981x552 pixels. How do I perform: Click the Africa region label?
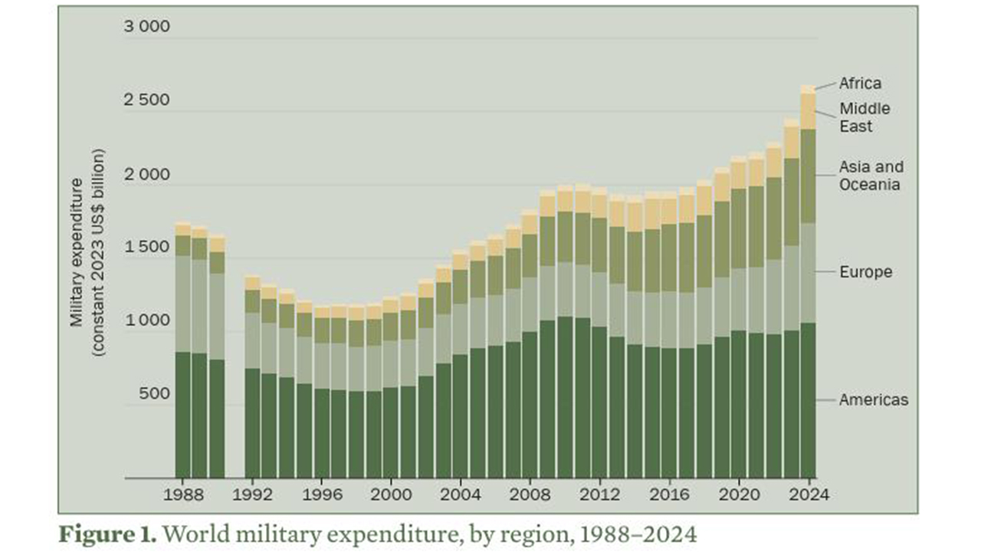(x=860, y=83)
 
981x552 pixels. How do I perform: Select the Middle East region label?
(x=865, y=117)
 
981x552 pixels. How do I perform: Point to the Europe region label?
(x=865, y=272)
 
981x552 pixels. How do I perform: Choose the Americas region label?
(x=873, y=399)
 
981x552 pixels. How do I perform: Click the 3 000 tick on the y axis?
(x=146, y=28)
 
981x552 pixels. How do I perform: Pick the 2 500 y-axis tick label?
(x=146, y=101)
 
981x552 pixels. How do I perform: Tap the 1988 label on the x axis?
(x=182, y=495)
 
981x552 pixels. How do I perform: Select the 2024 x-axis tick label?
(x=808, y=495)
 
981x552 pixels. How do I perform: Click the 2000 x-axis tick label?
(x=391, y=495)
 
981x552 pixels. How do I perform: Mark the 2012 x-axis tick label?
(x=599, y=495)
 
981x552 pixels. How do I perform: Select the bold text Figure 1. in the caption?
(x=107, y=533)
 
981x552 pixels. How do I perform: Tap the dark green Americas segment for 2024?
(x=808, y=399)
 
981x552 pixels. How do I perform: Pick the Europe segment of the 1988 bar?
(x=182, y=304)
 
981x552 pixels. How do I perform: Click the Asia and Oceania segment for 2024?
(x=808, y=176)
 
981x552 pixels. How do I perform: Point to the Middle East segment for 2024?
(x=808, y=112)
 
